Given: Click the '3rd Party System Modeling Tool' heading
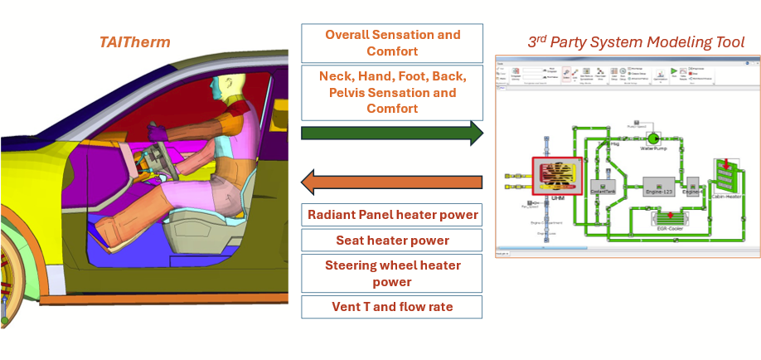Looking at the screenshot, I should [636, 41].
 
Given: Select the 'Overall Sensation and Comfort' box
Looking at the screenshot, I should [392, 43].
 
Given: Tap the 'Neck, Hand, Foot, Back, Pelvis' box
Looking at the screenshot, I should [392, 92].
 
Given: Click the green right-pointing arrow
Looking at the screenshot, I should [392, 133].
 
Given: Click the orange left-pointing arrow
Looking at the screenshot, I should [392, 180].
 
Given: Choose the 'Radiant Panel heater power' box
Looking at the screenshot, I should [392, 215].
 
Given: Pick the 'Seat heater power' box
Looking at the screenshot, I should [392, 241].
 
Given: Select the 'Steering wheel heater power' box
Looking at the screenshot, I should [392, 273].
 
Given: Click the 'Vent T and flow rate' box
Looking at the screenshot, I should [392, 307].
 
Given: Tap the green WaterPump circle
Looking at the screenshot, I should [653, 138].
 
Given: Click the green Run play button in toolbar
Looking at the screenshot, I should [673, 71].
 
